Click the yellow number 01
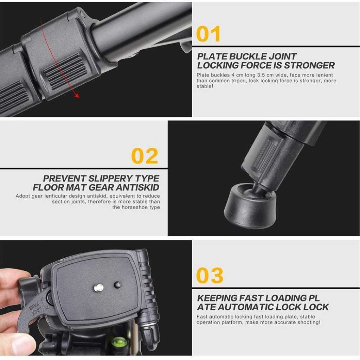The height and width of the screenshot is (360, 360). click(208, 34)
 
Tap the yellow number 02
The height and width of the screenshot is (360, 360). click(144, 156)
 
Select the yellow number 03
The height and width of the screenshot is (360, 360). click(210, 275)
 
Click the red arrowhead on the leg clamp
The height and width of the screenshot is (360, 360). click(77, 96)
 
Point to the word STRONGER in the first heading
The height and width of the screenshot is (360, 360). click(309, 65)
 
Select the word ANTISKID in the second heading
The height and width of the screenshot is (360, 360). click(137, 188)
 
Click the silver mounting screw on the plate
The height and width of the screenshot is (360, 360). click(99, 287)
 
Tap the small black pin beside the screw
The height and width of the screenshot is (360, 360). click(117, 285)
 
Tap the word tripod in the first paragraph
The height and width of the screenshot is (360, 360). click(238, 81)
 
